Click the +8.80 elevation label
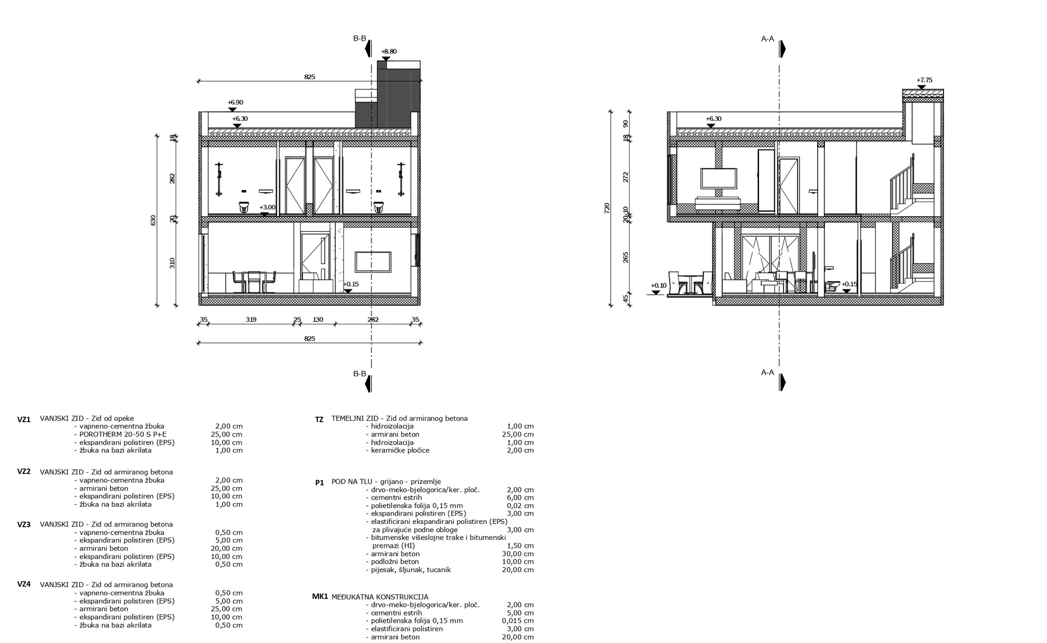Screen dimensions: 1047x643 (389, 52)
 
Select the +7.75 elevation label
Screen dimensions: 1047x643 (924, 80)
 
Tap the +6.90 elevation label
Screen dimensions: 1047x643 (235, 103)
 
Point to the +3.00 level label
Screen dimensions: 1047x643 (268, 208)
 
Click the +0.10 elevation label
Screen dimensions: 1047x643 (659, 286)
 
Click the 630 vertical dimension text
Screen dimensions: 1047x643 (153, 221)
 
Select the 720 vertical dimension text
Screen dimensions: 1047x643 (607, 208)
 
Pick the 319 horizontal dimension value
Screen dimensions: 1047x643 (251, 320)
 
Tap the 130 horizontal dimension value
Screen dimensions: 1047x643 (318, 320)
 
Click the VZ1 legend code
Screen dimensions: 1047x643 (24, 420)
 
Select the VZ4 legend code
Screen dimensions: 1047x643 (24, 584)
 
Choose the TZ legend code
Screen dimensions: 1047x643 (319, 420)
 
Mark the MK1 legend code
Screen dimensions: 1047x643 (320, 597)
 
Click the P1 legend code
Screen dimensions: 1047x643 (320, 483)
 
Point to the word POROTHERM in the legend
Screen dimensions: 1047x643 (99, 435)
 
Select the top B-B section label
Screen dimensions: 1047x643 (360, 38)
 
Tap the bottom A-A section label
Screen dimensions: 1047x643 (768, 373)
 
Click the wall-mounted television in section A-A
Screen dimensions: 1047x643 (719, 178)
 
